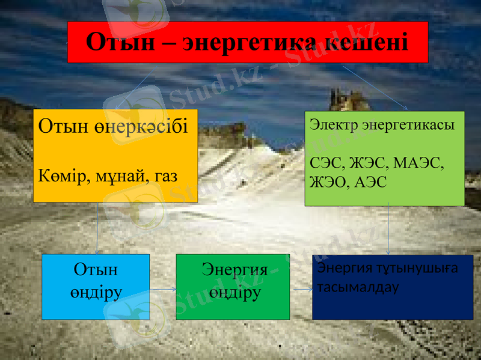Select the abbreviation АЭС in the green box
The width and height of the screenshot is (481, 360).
click(371, 182)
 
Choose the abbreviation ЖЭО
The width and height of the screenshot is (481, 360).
click(328, 182)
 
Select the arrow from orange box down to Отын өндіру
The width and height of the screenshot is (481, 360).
click(98, 228)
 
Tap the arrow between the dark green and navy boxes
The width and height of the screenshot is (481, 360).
click(301, 288)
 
